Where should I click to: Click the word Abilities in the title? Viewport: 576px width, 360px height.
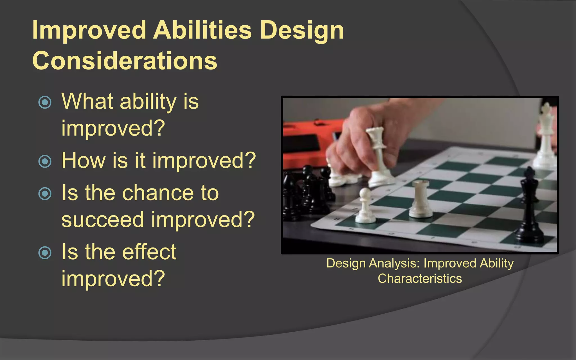[202, 30]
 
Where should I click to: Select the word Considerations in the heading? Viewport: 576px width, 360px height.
[125, 61]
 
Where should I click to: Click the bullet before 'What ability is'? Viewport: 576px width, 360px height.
[45, 102]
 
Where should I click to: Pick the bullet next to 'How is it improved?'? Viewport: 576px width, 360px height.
[45, 161]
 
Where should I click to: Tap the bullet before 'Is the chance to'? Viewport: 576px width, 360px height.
[45, 194]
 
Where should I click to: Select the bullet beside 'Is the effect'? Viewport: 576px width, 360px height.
[45, 253]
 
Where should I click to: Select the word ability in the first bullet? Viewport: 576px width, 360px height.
[148, 102]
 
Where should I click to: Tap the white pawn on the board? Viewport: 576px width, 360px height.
[365, 207]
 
